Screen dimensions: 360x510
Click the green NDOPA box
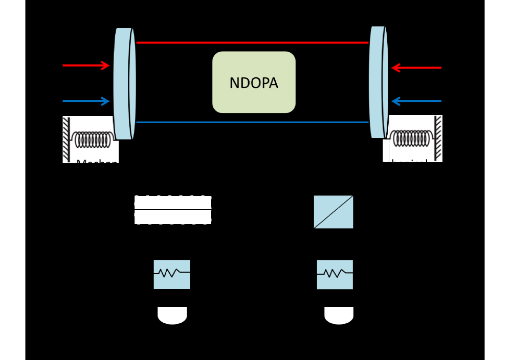254,82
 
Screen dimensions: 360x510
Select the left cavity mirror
124,83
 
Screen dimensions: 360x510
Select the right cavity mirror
378,82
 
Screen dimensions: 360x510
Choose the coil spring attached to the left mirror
93,139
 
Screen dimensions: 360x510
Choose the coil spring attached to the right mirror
411,138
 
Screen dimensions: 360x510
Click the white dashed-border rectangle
173,210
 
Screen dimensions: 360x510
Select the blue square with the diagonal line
334,212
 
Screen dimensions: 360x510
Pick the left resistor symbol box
172,274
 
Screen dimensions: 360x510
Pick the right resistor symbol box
335,275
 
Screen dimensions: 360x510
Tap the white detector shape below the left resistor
172,315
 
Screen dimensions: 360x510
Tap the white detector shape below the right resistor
339,315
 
